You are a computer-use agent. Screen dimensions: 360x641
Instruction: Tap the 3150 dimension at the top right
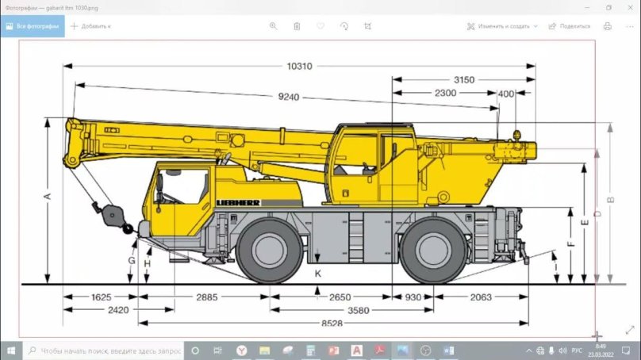(464, 80)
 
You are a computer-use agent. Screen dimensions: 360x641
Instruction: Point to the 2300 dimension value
(446, 93)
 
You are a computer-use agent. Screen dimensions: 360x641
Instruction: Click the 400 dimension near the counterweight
(505, 94)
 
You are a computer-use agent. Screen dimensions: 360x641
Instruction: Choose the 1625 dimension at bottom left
(101, 297)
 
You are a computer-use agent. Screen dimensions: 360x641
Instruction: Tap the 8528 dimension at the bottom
(332, 323)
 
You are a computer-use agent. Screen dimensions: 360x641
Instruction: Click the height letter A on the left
(47, 196)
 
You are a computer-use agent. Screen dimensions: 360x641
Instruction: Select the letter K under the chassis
(317, 273)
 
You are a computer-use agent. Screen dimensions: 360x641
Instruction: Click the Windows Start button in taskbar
(11, 350)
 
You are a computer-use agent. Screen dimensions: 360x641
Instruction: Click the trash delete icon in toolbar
(297, 26)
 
